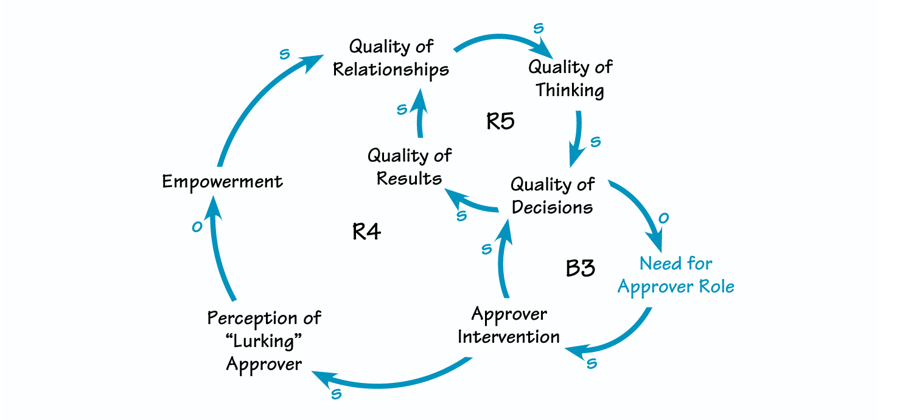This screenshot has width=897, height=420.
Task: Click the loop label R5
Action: tap(500, 122)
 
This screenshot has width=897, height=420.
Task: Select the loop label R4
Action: tap(367, 232)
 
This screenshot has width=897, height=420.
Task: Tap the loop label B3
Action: tap(580, 268)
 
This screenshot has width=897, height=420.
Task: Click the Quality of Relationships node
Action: tap(391, 58)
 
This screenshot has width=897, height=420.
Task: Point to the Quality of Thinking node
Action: tap(570, 78)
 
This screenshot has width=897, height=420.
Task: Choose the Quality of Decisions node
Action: tap(552, 195)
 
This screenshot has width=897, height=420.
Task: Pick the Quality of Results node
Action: tap(409, 167)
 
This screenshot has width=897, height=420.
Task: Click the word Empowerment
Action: tap(222, 182)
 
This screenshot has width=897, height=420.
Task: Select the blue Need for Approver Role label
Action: tap(675, 275)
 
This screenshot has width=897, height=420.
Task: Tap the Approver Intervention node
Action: tap(509, 325)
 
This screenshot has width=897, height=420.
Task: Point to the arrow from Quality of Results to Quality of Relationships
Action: tap(419, 115)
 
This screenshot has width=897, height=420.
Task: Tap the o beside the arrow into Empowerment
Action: tap(196, 227)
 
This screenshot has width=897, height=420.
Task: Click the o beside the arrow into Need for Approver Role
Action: tap(664, 218)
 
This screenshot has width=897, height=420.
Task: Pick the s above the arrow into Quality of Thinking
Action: tap(537, 29)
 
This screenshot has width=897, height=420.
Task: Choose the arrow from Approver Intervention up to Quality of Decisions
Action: tap(502, 261)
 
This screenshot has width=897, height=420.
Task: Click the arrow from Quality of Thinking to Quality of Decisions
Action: tap(576, 137)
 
